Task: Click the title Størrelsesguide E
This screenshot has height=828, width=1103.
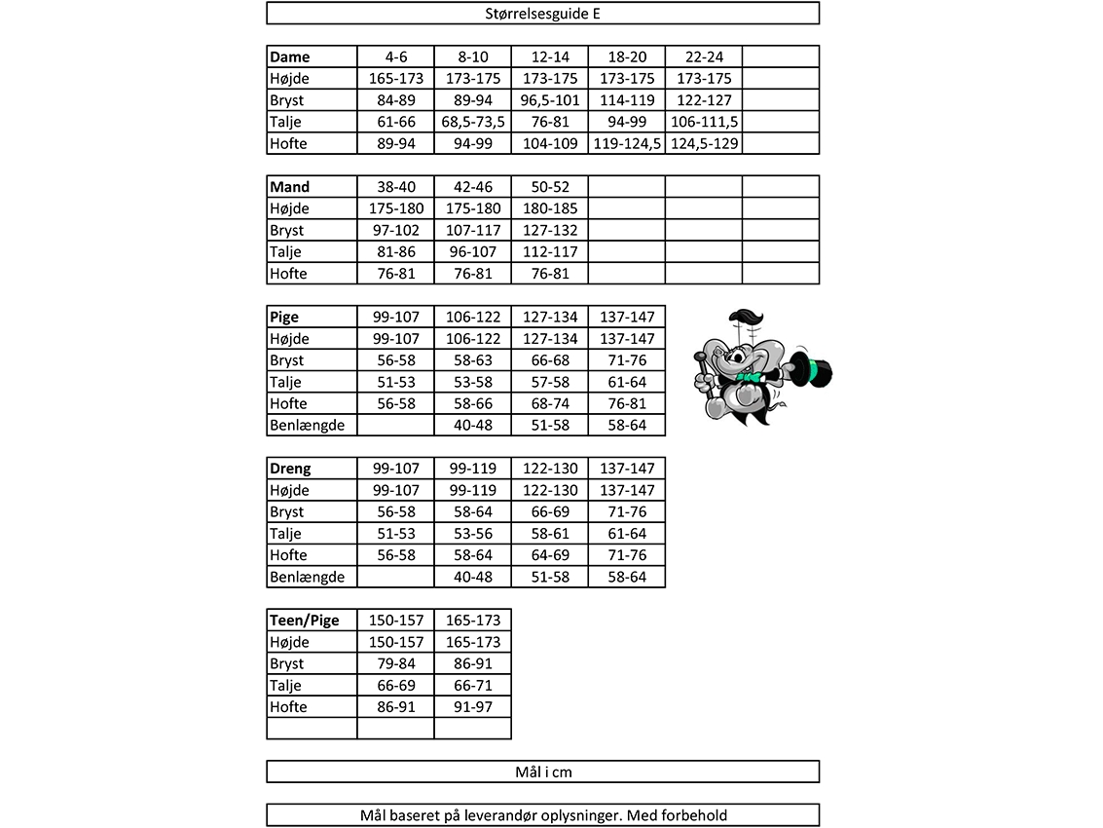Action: click(x=542, y=14)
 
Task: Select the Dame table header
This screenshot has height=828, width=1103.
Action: click(x=290, y=56)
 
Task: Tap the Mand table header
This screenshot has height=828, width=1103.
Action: click(x=290, y=187)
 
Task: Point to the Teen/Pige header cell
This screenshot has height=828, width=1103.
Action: click(x=305, y=621)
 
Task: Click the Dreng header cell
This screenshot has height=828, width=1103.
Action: click(x=291, y=469)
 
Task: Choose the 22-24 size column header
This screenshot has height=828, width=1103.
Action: click(x=704, y=56)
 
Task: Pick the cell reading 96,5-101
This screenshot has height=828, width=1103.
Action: click(x=549, y=100)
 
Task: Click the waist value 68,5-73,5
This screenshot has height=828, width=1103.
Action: click(x=472, y=122)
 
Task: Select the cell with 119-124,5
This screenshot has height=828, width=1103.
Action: click(x=627, y=143)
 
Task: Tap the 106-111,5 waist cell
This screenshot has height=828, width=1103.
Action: click(x=704, y=122)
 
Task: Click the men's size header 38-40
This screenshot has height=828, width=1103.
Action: click(x=395, y=187)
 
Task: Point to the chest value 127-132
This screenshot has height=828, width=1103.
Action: click(x=549, y=231)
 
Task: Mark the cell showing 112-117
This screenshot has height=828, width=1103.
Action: click(x=549, y=252)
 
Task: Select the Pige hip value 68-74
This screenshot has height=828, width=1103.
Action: click(x=549, y=403)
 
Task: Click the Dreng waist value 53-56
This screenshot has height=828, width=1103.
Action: click(x=472, y=534)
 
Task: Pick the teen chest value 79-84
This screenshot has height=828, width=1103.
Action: click(x=395, y=663)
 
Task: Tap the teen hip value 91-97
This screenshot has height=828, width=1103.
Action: click(x=472, y=707)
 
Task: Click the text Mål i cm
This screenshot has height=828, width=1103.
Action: click(x=542, y=772)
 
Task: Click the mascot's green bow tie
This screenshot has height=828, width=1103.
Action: click(x=751, y=375)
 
